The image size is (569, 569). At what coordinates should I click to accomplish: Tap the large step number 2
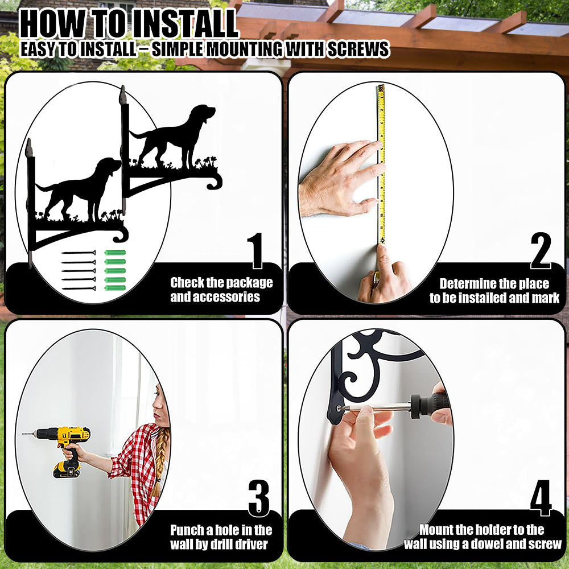(541, 250)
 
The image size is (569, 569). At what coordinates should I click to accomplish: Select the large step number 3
(259, 498)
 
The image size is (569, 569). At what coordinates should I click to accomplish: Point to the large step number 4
(541, 498)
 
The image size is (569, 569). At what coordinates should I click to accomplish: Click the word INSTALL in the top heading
(185, 23)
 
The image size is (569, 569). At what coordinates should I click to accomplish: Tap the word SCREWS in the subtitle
(358, 49)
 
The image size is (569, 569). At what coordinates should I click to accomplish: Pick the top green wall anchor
(115, 253)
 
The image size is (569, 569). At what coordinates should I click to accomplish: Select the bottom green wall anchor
(115, 288)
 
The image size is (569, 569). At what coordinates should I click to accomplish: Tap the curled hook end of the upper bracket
(215, 182)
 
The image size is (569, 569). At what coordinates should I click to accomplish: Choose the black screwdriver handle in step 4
(430, 405)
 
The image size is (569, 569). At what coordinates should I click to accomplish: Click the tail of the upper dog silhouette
(138, 135)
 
